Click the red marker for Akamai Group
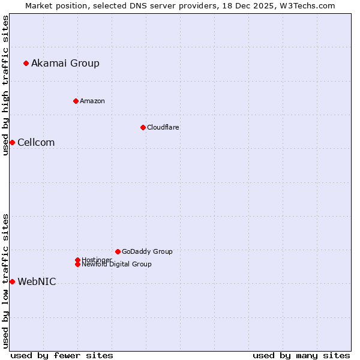[x=26, y=63]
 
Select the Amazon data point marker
[x=76, y=101]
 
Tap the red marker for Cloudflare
[x=143, y=127]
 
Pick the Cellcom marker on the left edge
[x=12, y=142]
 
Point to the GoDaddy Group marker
[x=118, y=251]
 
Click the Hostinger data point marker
[x=77, y=260]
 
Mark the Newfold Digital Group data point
[x=77, y=264]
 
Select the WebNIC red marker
[x=12, y=281]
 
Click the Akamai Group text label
[x=65, y=63]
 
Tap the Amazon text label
[x=92, y=101]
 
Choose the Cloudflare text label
[x=163, y=127]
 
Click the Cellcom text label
[x=36, y=142]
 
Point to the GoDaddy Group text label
[x=147, y=251]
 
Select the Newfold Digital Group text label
[x=117, y=264]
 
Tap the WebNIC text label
[x=37, y=281]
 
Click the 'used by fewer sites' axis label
[x=62, y=355]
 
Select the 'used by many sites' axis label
[x=301, y=355]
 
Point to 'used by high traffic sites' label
[x=5, y=85]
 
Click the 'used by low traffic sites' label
[x=5, y=281]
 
